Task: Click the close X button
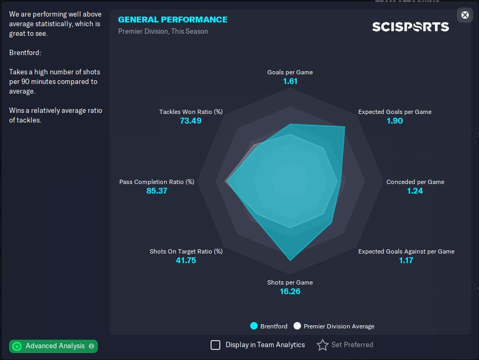(465, 15)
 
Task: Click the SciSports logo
(411, 27)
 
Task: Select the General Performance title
(173, 20)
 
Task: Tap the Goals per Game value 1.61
(290, 81)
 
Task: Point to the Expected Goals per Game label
(395, 112)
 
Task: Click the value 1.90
(395, 121)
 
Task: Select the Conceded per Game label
(415, 182)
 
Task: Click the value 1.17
(406, 261)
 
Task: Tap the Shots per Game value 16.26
(290, 292)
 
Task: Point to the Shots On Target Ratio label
(186, 251)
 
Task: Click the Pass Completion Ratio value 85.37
(157, 191)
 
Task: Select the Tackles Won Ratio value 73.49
(191, 121)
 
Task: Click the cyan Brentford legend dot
(254, 326)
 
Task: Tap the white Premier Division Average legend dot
(297, 326)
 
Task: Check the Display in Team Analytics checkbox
(215, 345)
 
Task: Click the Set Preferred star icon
(322, 345)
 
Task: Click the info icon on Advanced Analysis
(91, 346)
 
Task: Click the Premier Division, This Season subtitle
(163, 32)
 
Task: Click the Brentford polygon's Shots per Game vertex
(290, 261)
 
